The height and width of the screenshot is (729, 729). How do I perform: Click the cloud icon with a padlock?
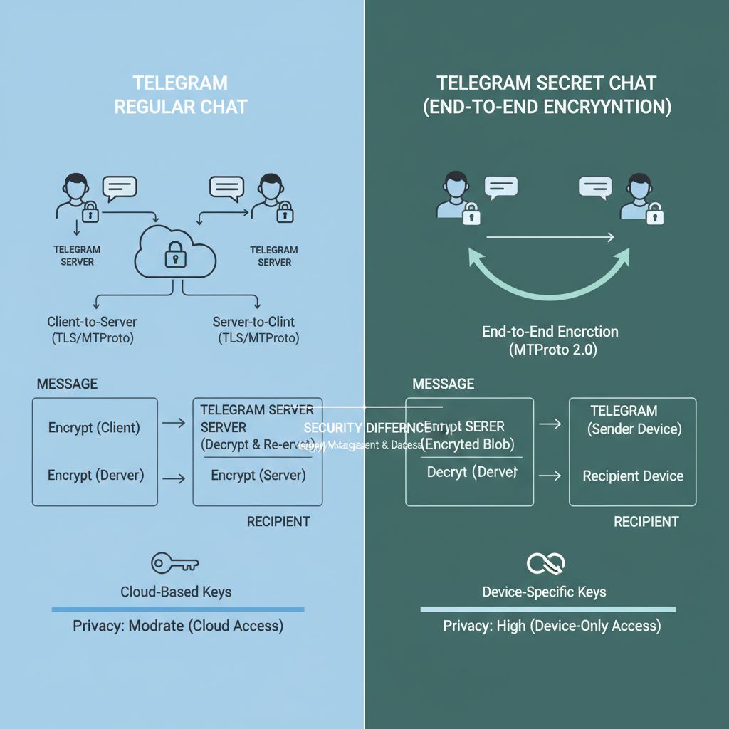coord(175,253)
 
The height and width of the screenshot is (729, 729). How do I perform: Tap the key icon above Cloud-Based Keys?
coord(174,564)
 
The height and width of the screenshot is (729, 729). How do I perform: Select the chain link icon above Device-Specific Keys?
coord(545,564)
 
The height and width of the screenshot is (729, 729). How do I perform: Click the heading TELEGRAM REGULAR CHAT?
coord(181,95)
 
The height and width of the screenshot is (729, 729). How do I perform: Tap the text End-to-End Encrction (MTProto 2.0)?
coord(550,340)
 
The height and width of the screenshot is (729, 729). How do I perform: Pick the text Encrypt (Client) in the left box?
coord(94,428)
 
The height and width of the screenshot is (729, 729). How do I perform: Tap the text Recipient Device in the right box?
coord(632,476)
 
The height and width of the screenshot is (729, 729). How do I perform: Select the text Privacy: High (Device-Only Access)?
coord(552,626)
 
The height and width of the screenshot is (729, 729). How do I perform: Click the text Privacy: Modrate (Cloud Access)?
coord(178,626)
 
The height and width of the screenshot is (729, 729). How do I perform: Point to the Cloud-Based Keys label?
coord(176,592)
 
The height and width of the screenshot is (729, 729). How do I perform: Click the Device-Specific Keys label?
coord(544,592)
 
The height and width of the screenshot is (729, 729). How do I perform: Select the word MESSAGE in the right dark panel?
coord(443,384)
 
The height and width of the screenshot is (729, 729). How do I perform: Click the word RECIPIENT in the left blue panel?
coord(278,522)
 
